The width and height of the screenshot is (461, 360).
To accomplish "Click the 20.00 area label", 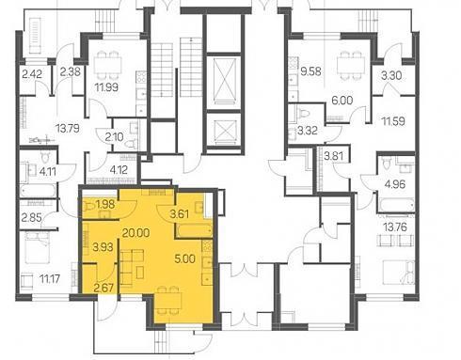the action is tap(135, 233).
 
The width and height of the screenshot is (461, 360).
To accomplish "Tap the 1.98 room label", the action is tap(105, 205).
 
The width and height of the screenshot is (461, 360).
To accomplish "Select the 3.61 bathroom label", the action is tap(180, 214).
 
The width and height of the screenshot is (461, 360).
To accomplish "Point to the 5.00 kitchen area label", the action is tap(185, 258).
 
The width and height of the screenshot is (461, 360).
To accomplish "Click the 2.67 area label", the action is tap(103, 288).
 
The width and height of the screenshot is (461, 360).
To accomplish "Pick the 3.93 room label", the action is tap(103, 247).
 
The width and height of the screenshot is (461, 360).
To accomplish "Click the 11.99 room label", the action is tap(106, 86).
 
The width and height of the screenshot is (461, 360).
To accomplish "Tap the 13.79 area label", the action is tap(68, 129).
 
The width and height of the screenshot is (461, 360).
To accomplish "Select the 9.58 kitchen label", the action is tap(310, 71).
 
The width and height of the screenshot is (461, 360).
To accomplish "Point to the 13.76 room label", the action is tap(395, 227).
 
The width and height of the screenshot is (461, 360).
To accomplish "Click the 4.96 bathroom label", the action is tap(395, 184).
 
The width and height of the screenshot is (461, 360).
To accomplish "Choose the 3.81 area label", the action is tap(333, 156).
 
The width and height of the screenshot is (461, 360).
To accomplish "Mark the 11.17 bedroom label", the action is tap(50, 278).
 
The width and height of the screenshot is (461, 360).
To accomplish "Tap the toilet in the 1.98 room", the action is tap(89, 207).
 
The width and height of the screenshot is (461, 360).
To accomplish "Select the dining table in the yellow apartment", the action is tap(168, 300).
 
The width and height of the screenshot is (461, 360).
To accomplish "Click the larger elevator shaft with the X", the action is tap(225, 81).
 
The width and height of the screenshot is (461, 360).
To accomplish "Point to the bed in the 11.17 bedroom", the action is tap(38, 248).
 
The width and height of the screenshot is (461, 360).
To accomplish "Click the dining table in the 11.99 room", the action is tap(108, 66).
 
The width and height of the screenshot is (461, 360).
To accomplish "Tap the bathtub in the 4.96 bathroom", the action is tap(396, 205).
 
